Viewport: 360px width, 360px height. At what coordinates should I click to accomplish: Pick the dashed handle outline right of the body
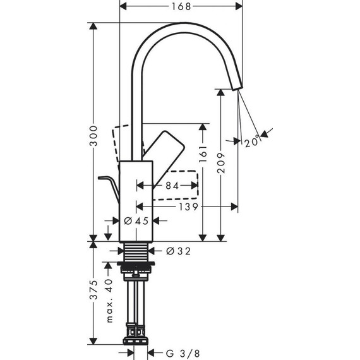click(180, 184)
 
